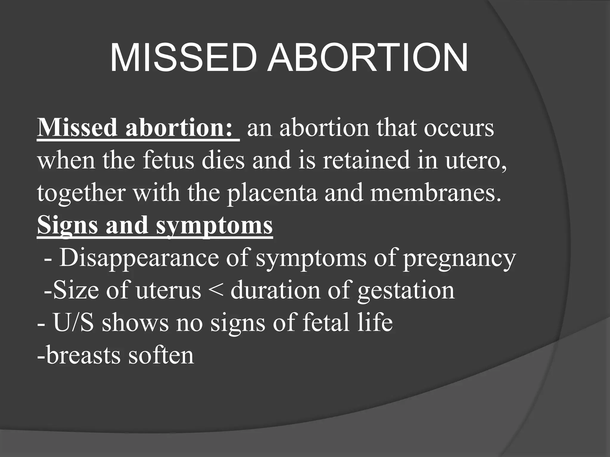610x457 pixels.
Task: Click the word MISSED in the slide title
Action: [183, 58]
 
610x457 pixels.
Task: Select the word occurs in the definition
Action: [459, 128]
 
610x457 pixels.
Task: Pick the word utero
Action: [475, 161]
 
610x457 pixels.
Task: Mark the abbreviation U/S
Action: [73, 323]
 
